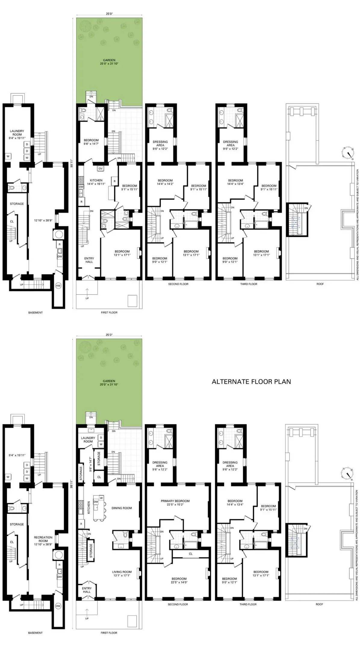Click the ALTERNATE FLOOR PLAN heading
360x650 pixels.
251,382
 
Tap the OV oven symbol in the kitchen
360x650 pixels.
101,169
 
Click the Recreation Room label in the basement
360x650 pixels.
43,539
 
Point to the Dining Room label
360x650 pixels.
122,508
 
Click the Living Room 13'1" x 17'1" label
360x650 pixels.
122,574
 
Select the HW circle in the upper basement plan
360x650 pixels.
58,286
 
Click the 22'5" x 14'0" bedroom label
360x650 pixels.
179,580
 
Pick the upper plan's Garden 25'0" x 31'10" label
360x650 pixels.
109,62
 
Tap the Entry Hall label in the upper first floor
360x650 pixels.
89,260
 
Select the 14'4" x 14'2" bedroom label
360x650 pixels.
165,182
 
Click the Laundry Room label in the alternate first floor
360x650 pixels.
88,440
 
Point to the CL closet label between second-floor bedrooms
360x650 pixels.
191,554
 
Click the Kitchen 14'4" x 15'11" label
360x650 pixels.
96,182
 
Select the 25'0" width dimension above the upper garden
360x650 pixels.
109,14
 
